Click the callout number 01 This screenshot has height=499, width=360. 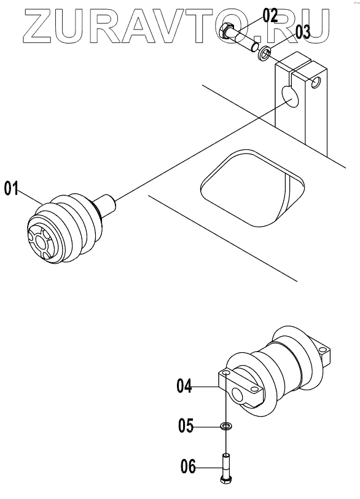[x=11, y=188]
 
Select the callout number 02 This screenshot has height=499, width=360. [x=270, y=15]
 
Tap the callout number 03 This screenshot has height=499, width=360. [x=302, y=32]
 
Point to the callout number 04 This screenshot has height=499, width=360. [x=184, y=386]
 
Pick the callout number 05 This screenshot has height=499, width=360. [x=186, y=425]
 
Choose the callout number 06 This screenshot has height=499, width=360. [x=188, y=467]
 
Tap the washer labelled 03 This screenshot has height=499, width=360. [x=264, y=52]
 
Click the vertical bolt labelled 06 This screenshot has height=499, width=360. [x=225, y=468]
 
